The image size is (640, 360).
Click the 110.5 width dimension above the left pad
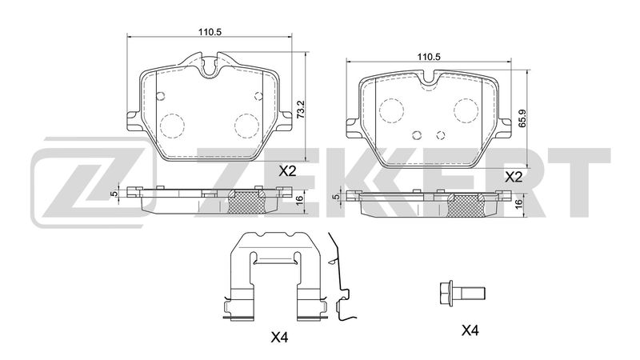click(x=210, y=32)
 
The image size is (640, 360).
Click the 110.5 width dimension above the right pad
click(x=429, y=57)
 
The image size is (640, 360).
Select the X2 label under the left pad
click(x=287, y=171)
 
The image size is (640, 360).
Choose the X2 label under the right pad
click(x=514, y=177)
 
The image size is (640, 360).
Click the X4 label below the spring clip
click(x=280, y=337)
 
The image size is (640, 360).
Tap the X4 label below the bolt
click(x=470, y=330)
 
